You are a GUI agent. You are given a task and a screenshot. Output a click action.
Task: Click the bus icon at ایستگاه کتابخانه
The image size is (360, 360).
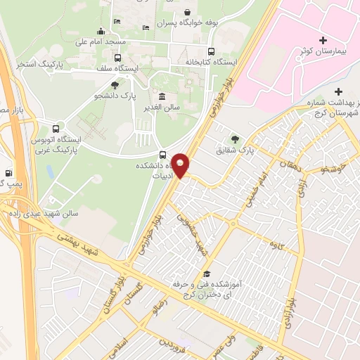[212, 51]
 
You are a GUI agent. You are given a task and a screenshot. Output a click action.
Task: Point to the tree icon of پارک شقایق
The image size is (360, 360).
[235, 139]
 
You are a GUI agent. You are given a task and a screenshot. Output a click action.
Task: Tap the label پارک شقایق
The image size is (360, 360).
[254, 149]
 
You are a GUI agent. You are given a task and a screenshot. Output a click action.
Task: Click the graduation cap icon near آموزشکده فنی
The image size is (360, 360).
[207, 274]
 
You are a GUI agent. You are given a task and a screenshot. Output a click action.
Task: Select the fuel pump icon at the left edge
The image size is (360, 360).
[8, 172]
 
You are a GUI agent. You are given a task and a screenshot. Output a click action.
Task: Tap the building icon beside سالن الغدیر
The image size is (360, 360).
[162, 96]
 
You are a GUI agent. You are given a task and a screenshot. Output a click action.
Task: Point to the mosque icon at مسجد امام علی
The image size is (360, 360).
[101, 30]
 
